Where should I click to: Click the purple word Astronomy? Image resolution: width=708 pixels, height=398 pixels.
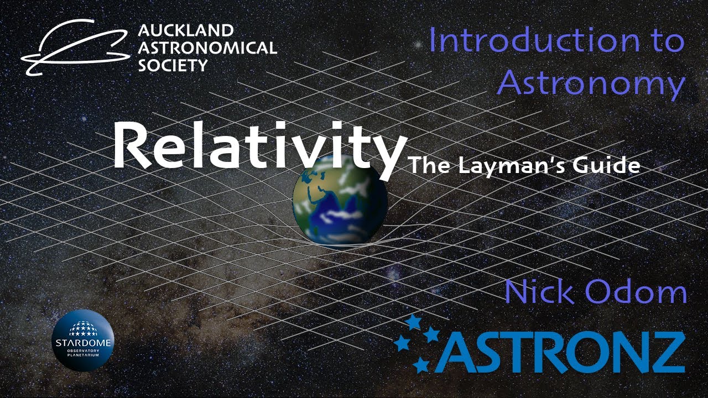[x=591, y=84]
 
